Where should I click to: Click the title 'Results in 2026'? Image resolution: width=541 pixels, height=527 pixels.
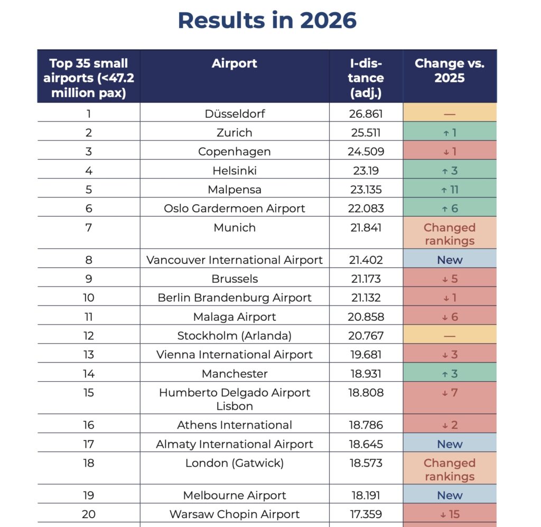(x=267, y=21)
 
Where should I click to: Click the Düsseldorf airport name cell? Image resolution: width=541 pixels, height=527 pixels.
(x=235, y=114)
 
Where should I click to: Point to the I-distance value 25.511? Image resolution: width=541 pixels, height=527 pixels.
(x=366, y=133)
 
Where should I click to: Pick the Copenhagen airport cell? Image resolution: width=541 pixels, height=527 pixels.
(x=234, y=152)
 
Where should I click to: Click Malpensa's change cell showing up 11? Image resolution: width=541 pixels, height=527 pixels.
(x=450, y=189)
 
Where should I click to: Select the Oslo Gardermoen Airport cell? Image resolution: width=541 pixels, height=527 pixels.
(x=234, y=208)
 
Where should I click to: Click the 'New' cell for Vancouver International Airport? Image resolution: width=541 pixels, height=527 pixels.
(x=450, y=260)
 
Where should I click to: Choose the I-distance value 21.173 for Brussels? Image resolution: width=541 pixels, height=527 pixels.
(x=366, y=279)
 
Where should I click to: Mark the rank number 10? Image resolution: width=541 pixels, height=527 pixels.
(x=89, y=298)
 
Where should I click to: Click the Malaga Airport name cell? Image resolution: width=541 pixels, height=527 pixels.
(x=234, y=317)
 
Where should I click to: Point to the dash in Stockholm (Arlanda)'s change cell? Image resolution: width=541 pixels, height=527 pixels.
(x=450, y=336)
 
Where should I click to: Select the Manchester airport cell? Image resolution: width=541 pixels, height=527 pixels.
(x=235, y=373)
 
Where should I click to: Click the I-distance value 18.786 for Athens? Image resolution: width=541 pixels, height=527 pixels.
(x=366, y=425)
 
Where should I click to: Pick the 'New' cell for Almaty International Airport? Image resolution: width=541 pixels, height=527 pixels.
(x=450, y=444)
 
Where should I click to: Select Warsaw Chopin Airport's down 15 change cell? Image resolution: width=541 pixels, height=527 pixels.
(x=450, y=514)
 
